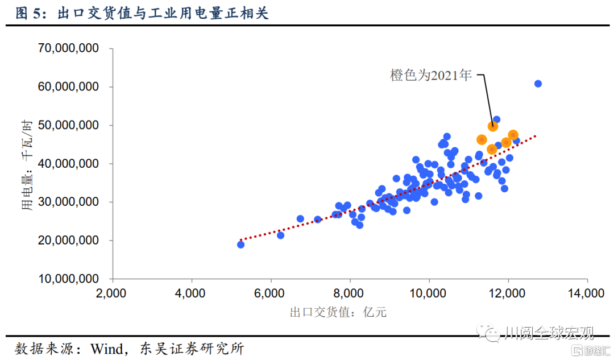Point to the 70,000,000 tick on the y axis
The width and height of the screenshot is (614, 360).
[x=68, y=48]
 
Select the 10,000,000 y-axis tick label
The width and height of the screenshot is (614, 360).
[x=68, y=279]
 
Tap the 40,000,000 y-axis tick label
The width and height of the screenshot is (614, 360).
[x=68, y=164]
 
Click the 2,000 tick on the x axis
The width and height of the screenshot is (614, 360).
[x=112, y=293]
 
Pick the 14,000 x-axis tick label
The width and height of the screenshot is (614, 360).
[x=587, y=293]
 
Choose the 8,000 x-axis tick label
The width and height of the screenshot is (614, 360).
[x=350, y=293]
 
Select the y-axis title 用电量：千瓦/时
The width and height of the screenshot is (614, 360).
[x=27, y=165]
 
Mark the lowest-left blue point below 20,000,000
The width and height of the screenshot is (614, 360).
[x=240, y=245]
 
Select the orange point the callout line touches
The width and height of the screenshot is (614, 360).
[x=493, y=126]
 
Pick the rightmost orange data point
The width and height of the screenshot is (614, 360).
[x=513, y=135]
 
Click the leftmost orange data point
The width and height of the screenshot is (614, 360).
[x=482, y=139]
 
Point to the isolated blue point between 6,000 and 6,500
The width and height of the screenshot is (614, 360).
[x=280, y=235]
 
